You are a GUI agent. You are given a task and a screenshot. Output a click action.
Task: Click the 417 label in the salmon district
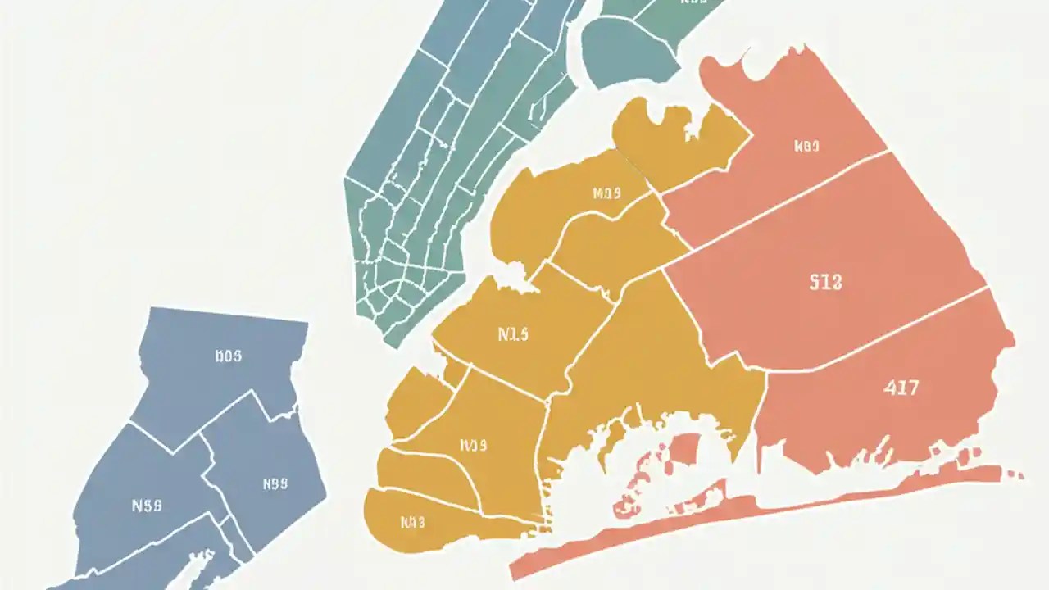coord(901,388)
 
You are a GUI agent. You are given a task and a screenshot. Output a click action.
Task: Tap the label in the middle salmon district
coord(825,283)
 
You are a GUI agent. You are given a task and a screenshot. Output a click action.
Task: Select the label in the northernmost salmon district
coord(806,147)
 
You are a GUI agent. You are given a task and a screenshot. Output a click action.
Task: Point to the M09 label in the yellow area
coord(606,194)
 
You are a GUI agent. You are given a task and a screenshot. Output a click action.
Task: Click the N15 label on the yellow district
coord(513,334)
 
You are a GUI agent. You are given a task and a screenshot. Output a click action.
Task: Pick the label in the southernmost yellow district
coord(412,521)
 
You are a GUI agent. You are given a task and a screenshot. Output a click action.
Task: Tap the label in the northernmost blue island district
coord(228,356)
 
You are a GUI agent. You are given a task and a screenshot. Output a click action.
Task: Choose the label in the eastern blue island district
coord(275,483)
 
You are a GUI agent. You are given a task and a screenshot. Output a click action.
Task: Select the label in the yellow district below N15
coord(474,446)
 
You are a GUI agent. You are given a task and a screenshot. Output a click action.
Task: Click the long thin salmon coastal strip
coord(738,516)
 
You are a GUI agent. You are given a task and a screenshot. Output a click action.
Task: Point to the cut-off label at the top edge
coord(693,2)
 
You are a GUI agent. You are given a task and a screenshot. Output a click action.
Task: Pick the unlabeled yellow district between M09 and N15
coord(623,242)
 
